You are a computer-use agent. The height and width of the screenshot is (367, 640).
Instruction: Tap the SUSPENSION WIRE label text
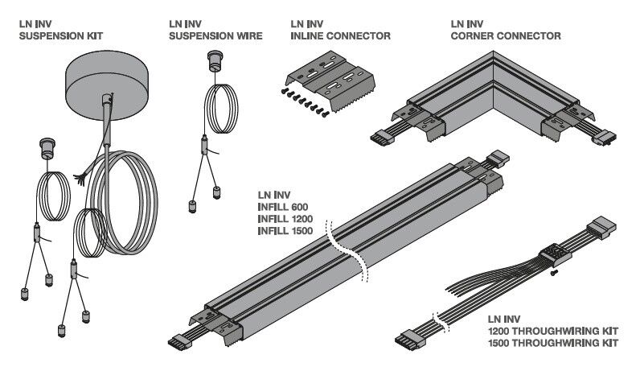pos(216,35)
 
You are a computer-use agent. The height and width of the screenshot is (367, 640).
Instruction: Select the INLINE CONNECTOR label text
pos(340,35)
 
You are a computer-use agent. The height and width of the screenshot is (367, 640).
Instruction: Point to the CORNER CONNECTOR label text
pos(506,35)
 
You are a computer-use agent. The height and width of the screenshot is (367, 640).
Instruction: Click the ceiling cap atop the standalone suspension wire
pos(215,60)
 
